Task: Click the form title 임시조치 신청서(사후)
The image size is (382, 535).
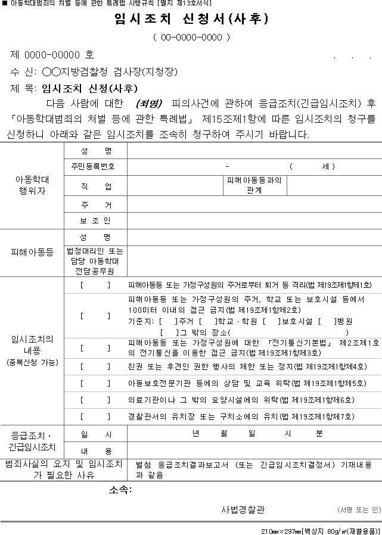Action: pos(191,19)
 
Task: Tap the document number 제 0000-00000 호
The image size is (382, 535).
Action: pos(52,55)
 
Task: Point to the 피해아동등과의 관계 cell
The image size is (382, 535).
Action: pos(254,185)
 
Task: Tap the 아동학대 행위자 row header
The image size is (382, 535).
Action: pos(32,185)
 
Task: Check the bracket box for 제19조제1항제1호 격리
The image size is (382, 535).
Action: pos(95,285)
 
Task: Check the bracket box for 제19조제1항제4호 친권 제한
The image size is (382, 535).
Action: pos(95,366)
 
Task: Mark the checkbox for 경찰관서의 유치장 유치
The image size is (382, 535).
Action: pos(95,416)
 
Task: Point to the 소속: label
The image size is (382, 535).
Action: pos(120,490)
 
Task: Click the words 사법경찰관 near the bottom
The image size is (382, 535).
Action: pos(243,509)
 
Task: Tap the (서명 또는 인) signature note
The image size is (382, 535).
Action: pos(358,510)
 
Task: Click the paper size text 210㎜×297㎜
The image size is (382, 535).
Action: pos(280,530)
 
